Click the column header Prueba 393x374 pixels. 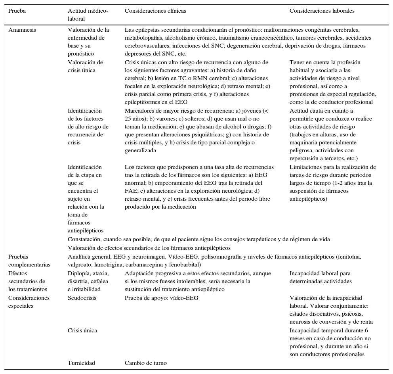click(17, 11)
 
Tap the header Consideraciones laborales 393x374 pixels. click(322, 11)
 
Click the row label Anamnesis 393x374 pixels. click(22, 30)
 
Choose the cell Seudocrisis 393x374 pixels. click(82, 298)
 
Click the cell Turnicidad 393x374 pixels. click(81, 363)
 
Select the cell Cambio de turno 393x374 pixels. click(146, 363)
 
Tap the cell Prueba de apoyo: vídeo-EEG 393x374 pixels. click(161, 298)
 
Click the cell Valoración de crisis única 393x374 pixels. click(85, 66)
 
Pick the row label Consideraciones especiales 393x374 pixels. click(29, 302)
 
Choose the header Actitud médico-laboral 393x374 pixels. click(88, 15)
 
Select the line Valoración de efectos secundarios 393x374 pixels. click(149, 248)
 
